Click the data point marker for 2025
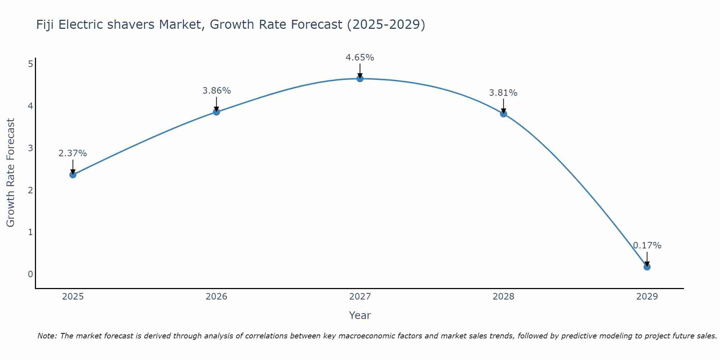point(73,175)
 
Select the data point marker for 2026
point(216,112)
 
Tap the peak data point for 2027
point(360,78)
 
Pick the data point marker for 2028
point(503,114)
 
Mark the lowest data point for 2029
point(647,267)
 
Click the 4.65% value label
point(360,58)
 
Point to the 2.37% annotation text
point(73,153)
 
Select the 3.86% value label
point(216,91)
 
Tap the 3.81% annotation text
point(503,93)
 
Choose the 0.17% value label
point(647,246)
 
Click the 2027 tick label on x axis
point(360,297)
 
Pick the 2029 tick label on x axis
point(647,297)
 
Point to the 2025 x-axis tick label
point(73,297)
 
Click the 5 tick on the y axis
point(30,64)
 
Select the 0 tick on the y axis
point(30,274)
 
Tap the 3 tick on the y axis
point(30,148)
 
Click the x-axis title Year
point(360,315)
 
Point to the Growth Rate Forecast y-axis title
point(11,173)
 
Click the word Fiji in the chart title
point(45,25)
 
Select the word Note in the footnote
point(47,336)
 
